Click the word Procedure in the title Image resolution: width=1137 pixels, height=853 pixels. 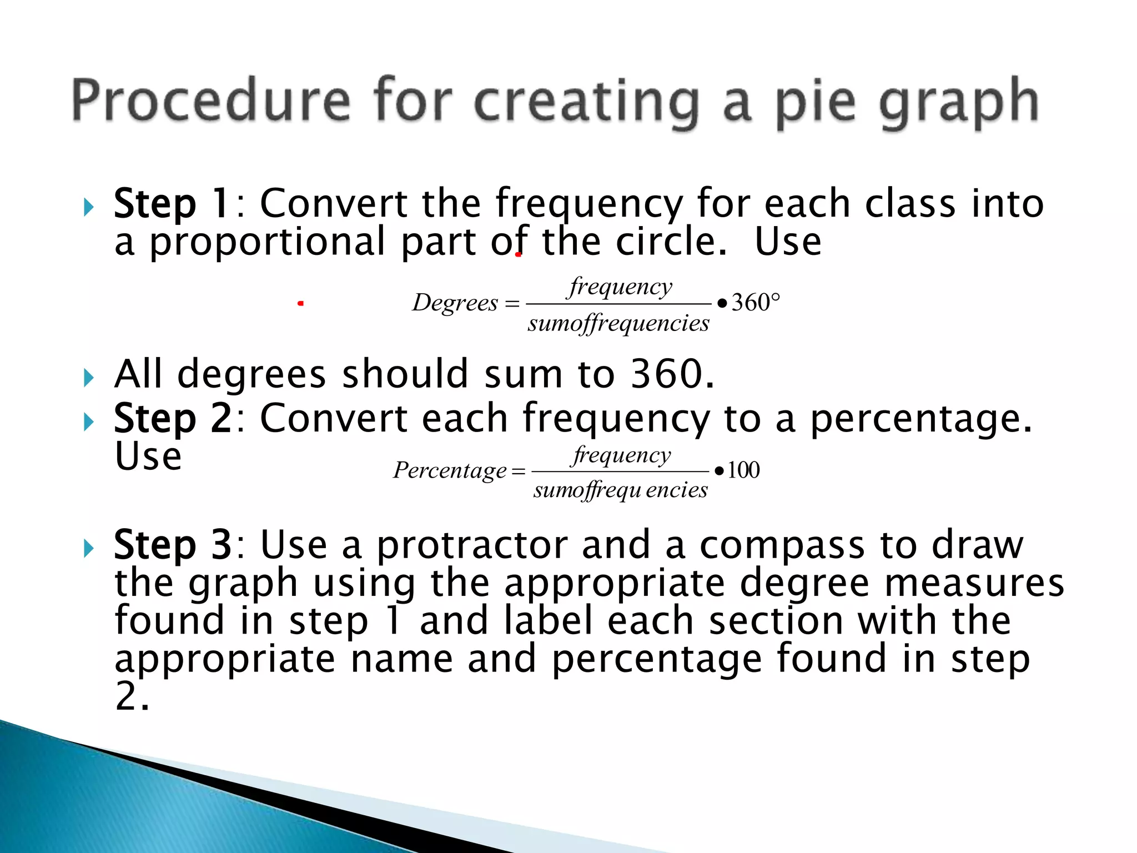pos(211,101)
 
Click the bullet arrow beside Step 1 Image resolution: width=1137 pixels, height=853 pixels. pos(88,208)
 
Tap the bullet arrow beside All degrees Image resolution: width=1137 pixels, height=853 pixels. pos(88,378)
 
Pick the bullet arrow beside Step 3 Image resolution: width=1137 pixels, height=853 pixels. pos(88,549)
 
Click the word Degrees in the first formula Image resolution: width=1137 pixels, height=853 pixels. pos(455,303)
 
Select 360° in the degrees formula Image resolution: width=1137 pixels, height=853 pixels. pos(755,303)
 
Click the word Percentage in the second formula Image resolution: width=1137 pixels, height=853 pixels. pos(450,470)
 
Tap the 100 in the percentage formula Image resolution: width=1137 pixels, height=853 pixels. pos(743,470)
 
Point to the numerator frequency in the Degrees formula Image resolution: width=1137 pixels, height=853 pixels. pos(620,287)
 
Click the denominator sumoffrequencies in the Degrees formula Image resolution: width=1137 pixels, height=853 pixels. pos(618,323)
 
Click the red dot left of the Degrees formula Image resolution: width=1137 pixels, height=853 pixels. pos(300,303)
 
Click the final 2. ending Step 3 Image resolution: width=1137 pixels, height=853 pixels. pos(132,696)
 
